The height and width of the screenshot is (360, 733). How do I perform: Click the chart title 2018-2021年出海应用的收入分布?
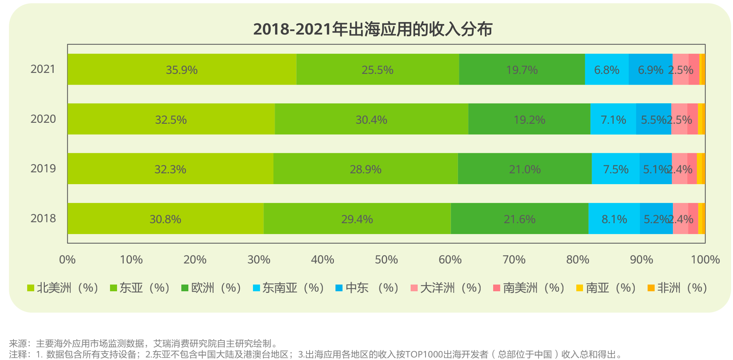[x=373, y=29]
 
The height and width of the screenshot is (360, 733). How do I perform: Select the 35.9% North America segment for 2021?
[x=182, y=70]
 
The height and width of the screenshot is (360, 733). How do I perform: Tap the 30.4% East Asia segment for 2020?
[x=371, y=120]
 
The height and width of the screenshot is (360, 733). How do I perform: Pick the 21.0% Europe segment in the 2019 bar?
[x=524, y=169]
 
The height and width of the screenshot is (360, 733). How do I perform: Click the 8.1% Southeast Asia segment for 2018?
[x=614, y=219]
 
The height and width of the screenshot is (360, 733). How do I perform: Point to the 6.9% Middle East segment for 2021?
[x=650, y=70]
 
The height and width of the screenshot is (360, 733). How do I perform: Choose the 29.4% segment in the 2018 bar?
[x=357, y=219]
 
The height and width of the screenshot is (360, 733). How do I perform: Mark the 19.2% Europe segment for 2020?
[x=529, y=120]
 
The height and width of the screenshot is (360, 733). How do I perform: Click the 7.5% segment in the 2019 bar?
[x=616, y=169]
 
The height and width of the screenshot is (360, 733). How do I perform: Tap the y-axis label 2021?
[x=43, y=69]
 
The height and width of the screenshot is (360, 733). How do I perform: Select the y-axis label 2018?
[x=43, y=218]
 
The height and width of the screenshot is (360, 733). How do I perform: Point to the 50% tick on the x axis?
[x=386, y=260]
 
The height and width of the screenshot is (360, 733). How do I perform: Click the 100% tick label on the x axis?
[x=705, y=260]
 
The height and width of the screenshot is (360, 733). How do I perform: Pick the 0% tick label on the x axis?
[x=67, y=260]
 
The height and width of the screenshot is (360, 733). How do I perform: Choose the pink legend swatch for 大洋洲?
[x=414, y=288]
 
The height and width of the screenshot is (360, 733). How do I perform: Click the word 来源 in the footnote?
[x=18, y=343]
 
